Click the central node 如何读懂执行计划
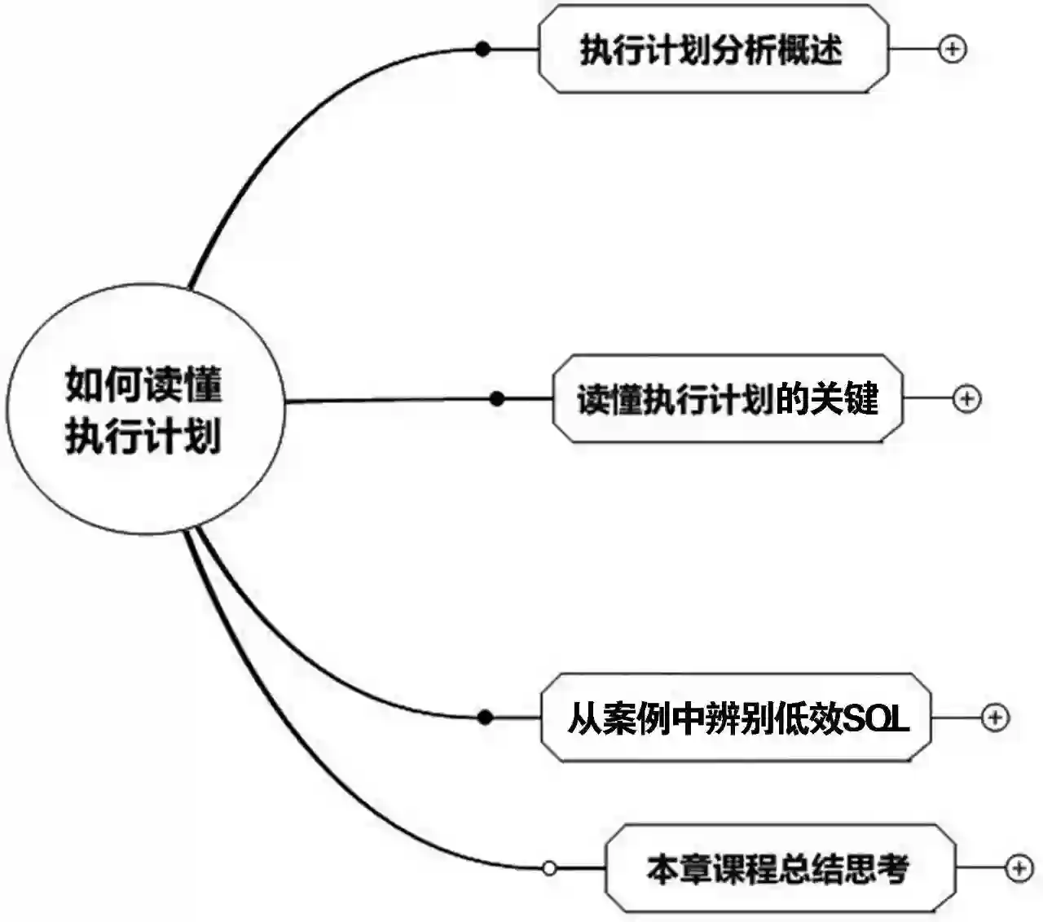(145, 409)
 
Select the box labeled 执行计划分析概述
(712, 49)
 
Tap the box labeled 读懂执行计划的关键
(727, 399)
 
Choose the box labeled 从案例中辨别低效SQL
(736, 718)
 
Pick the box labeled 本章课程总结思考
(779, 868)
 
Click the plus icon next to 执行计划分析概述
(953, 49)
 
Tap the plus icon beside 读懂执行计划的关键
(966, 399)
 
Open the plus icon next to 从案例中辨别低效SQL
(994, 718)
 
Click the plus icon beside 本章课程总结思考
(1019, 868)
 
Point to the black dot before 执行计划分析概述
(483, 49)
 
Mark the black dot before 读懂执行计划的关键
(497, 399)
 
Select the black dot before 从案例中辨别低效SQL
(486, 718)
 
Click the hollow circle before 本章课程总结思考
(549, 868)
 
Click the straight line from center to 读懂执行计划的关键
(391, 401)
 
